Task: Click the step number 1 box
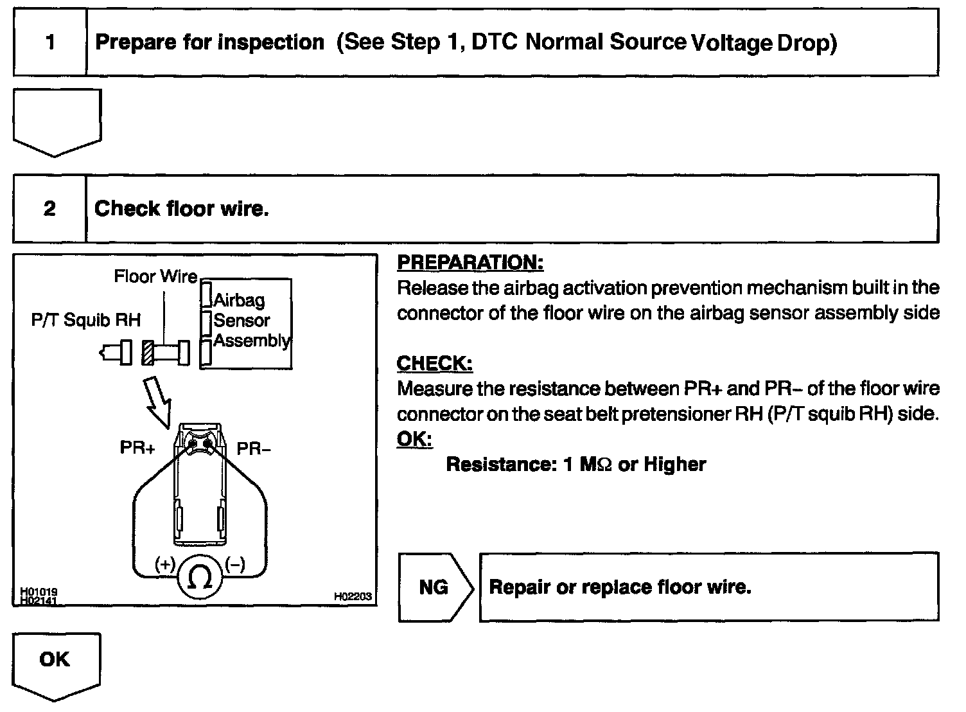(x=50, y=43)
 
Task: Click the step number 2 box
(x=50, y=209)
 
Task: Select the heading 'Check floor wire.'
(x=182, y=209)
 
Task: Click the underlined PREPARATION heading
(x=470, y=263)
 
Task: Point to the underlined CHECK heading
(x=435, y=364)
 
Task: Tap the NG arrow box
(x=435, y=587)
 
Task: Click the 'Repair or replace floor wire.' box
(x=709, y=587)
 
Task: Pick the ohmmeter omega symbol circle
(x=200, y=578)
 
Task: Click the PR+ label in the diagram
(x=137, y=448)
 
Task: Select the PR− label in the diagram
(x=254, y=448)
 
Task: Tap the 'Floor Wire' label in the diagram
(x=155, y=277)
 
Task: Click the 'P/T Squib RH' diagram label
(x=85, y=320)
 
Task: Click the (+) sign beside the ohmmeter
(x=165, y=564)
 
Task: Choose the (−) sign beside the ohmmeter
(x=234, y=564)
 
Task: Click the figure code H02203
(x=353, y=597)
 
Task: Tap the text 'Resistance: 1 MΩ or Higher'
(x=575, y=465)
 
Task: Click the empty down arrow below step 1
(x=57, y=121)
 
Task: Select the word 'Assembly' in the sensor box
(x=252, y=341)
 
